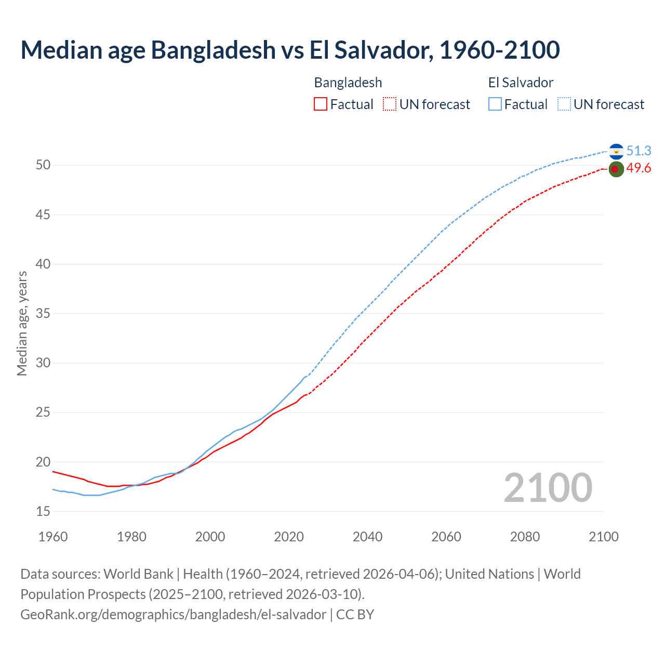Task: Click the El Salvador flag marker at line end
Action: tap(616, 151)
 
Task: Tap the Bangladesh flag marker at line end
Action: tap(616, 169)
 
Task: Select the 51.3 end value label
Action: tap(639, 151)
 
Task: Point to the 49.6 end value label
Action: tap(639, 168)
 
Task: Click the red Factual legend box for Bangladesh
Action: tap(321, 104)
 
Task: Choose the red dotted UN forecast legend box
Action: tap(390, 104)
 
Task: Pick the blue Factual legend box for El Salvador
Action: tap(495, 104)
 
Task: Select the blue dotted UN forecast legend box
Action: tap(564, 104)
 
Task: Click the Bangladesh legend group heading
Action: tap(348, 83)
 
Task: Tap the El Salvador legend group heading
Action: tap(521, 83)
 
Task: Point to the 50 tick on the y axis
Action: tap(43, 165)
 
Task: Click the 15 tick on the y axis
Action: tap(43, 512)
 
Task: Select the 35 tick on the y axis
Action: tap(43, 314)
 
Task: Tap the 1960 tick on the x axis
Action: tap(53, 537)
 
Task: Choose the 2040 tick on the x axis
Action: tap(367, 537)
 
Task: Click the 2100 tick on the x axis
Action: tap(603, 537)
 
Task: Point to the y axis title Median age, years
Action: tap(22, 323)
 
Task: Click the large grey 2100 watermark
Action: tap(548, 488)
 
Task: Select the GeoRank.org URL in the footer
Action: tap(174, 615)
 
